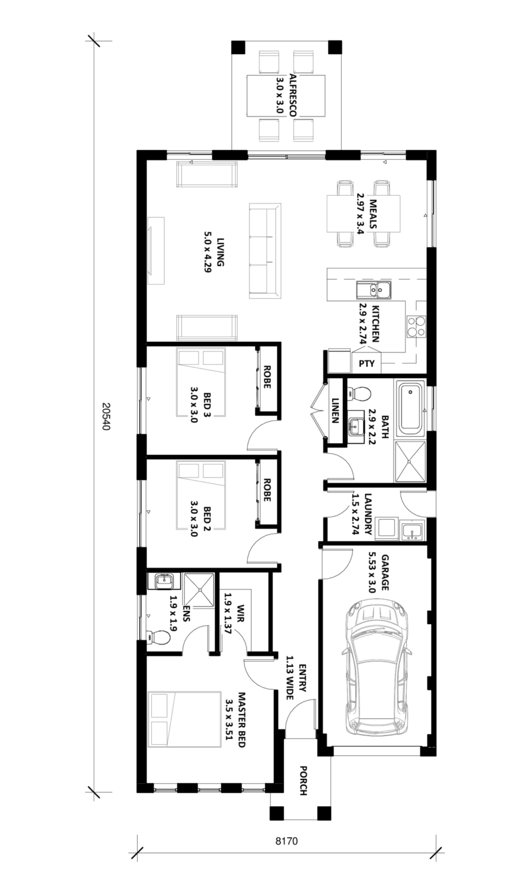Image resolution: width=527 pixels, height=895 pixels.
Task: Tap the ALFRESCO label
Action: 293,95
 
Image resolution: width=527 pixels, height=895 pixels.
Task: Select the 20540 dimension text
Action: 106,415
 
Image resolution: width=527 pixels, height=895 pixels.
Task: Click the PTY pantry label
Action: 367,363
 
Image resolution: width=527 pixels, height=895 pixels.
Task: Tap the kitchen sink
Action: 374,289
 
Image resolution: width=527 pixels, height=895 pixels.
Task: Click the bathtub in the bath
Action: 410,409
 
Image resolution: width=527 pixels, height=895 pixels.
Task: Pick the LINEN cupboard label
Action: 335,411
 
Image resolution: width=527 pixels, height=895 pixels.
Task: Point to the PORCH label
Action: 303,780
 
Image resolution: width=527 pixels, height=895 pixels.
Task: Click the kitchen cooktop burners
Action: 416,326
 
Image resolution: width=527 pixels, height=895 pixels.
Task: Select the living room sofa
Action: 265,251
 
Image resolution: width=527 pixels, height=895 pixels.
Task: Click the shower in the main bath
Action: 410,461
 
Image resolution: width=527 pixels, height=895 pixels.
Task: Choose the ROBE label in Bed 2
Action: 266,490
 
